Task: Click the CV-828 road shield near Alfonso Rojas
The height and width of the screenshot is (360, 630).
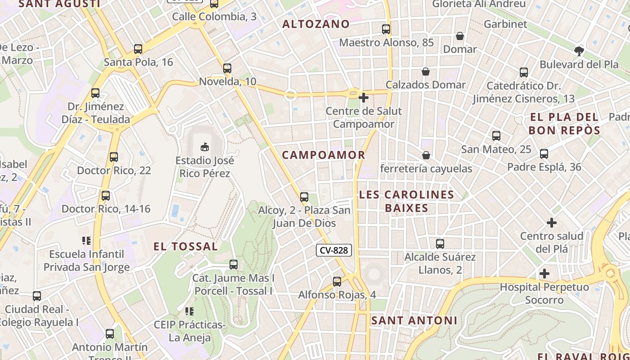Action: (333, 250)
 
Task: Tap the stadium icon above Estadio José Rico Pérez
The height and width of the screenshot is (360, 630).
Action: (205, 147)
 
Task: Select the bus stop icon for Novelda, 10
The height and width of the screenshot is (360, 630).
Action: (227, 68)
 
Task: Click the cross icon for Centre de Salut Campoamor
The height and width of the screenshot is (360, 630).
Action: (364, 97)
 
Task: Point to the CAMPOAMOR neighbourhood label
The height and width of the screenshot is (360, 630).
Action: (324, 155)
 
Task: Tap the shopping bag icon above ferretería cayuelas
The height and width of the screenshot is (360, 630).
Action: (426, 155)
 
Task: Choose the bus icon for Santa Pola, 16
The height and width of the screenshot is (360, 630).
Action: (138, 49)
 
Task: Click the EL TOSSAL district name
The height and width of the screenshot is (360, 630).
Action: (186, 247)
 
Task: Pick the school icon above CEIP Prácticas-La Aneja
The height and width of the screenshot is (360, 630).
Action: (189, 311)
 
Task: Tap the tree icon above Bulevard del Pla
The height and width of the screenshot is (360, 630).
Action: (579, 51)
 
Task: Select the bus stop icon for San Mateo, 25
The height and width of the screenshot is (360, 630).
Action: (496, 136)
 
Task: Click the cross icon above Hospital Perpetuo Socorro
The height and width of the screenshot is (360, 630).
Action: (544, 274)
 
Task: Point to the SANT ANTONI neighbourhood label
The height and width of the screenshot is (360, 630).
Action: (414, 320)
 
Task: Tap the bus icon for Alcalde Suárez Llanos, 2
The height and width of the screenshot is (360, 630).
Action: (440, 244)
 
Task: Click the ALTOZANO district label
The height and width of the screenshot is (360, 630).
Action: (316, 24)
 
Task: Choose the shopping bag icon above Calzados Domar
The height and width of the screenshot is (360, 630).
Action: (426, 72)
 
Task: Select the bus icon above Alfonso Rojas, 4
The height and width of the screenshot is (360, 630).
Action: (337, 282)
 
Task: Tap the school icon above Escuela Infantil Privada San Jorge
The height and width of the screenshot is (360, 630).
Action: (86, 241)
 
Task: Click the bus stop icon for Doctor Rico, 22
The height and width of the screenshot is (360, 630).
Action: (114, 157)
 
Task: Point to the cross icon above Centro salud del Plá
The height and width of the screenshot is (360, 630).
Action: (552, 223)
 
